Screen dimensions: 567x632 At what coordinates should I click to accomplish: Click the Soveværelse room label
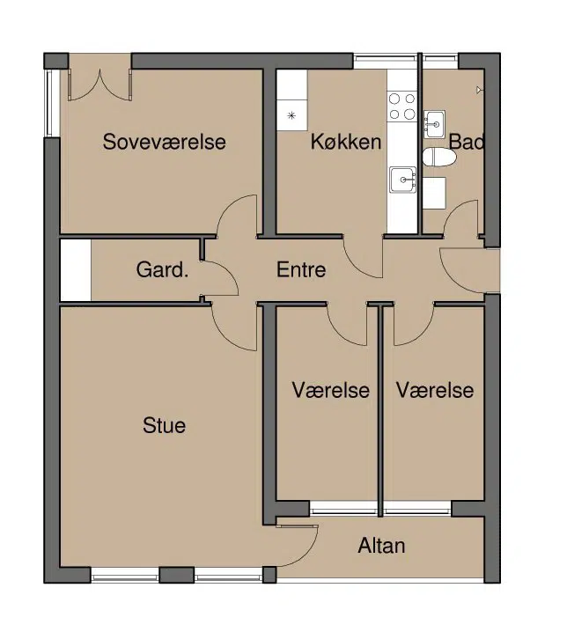click(x=164, y=142)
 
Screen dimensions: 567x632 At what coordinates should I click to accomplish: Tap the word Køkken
click(x=346, y=142)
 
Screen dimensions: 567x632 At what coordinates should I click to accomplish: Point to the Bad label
click(x=466, y=142)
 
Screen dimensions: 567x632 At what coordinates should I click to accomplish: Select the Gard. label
click(x=162, y=269)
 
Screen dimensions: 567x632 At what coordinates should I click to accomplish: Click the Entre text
click(x=301, y=269)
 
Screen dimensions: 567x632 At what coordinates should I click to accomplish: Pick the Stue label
click(x=164, y=425)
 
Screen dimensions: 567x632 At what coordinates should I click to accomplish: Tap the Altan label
click(x=381, y=546)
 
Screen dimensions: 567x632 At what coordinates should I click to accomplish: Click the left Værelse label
click(x=331, y=390)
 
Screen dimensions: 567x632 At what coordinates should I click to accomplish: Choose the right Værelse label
click(x=435, y=390)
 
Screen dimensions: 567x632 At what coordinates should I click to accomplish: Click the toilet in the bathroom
click(x=439, y=157)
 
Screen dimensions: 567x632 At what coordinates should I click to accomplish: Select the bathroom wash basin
click(x=435, y=124)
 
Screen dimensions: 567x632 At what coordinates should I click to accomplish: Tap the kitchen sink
click(x=403, y=180)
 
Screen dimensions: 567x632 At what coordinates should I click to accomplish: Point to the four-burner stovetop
click(x=402, y=107)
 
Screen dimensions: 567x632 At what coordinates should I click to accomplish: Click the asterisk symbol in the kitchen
click(x=291, y=116)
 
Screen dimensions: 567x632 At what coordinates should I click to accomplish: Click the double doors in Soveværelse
click(x=99, y=85)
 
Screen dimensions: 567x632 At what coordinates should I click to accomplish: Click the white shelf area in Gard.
click(x=76, y=269)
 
